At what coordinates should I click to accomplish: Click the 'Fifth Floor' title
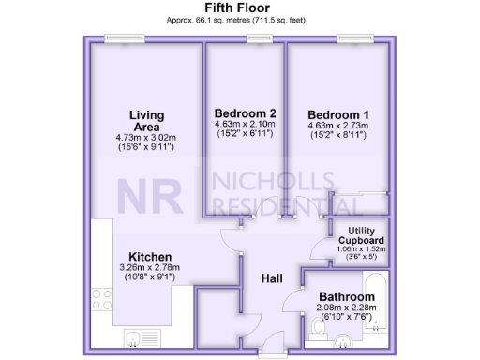[239, 7]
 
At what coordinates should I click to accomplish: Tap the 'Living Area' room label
[145, 121]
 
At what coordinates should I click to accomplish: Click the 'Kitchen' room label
[148, 256]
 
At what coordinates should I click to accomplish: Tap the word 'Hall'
[272, 277]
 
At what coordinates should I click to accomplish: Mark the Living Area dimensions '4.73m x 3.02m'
[145, 138]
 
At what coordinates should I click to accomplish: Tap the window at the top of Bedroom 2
[260, 38]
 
